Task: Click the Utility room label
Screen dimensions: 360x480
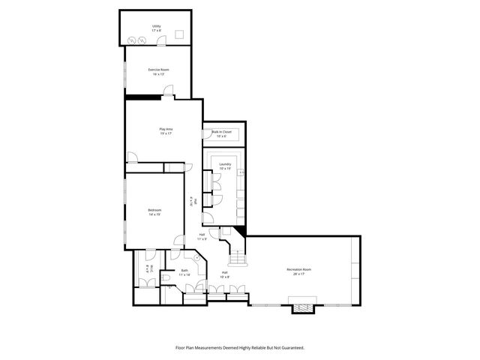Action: coord(157,26)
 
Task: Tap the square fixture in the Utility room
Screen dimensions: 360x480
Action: coord(180,34)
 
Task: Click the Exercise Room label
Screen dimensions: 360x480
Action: coord(158,70)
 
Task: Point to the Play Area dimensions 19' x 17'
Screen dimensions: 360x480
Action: coord(166,133)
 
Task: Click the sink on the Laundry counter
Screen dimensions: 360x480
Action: coord(241,173)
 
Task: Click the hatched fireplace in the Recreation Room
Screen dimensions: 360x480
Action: coord(302,306)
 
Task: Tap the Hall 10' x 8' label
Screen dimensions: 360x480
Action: coord(224,274)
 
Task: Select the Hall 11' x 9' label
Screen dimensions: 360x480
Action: coord(202,237)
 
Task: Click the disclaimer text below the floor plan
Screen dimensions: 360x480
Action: coord(239,347)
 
